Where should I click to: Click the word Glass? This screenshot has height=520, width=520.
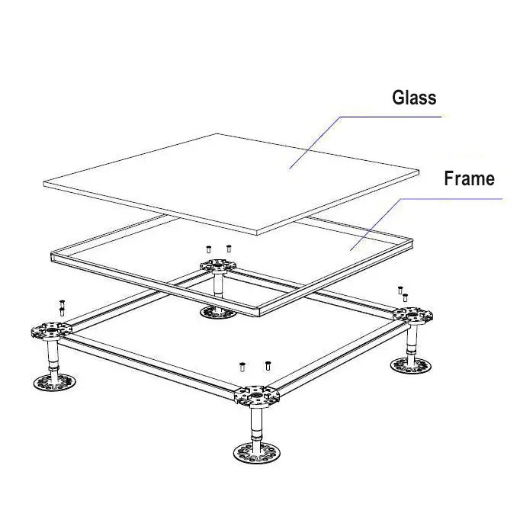pyautogui.click(x=414, y=98)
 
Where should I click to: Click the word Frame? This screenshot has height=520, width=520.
pyautogui.click(x=469, y=179)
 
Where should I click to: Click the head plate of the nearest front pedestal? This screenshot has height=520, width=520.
pyautogui.click(x=258, y=394)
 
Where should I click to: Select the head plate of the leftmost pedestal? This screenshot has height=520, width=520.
pyautogui.click(x=50, y=332)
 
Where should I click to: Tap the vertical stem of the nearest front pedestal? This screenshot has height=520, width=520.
pyautogui.click(x=258, y=423)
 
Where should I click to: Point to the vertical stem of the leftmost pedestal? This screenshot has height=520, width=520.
pyautogui.click(x=51, y=355)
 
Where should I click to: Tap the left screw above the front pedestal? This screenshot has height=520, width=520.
pyautogui.click(x=242, y=368)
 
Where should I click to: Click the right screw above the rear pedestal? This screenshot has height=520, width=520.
pyautogui.click(x=229, y=249)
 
